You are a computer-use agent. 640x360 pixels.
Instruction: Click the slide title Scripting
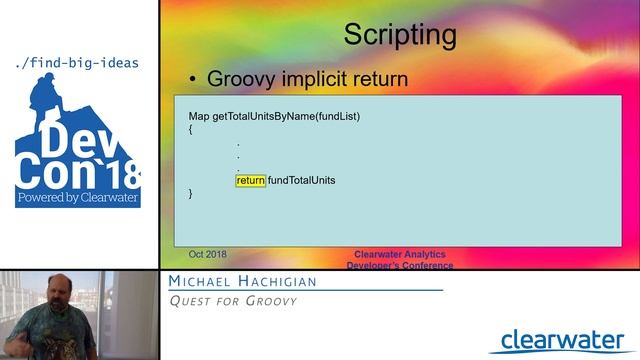click(x=400, y=35)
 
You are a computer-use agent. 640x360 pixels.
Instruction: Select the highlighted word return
click(x=251, y=180)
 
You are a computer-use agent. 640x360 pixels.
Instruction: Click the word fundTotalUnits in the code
click(x=301, y=180)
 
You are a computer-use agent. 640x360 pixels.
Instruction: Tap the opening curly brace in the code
click(x=191, y=129)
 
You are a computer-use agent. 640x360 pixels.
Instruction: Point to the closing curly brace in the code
click(x=191, y=193)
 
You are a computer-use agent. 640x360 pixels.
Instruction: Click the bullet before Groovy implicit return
click(x=194, y=80)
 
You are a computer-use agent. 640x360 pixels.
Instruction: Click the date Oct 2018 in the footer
click(x=208, y=255)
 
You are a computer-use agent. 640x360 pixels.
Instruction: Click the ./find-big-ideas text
click(x=77, y=63)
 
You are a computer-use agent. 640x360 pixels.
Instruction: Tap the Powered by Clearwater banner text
click(x=77, y=198)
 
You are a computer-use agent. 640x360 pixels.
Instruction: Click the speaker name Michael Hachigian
click(x=242, y=282)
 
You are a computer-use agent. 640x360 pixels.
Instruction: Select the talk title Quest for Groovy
click(x=232, y=301)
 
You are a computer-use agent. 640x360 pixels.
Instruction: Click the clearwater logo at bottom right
click(x=563, y=340)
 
